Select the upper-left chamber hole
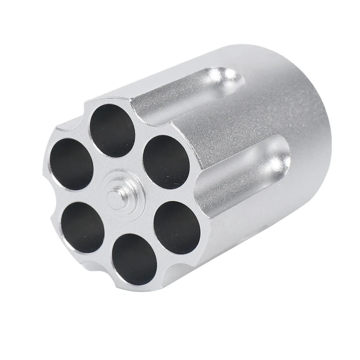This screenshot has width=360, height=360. [x=72, y=163]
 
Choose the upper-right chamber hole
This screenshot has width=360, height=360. [x=166, y=162]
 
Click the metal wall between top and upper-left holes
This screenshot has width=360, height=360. [x=91, y=143]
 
